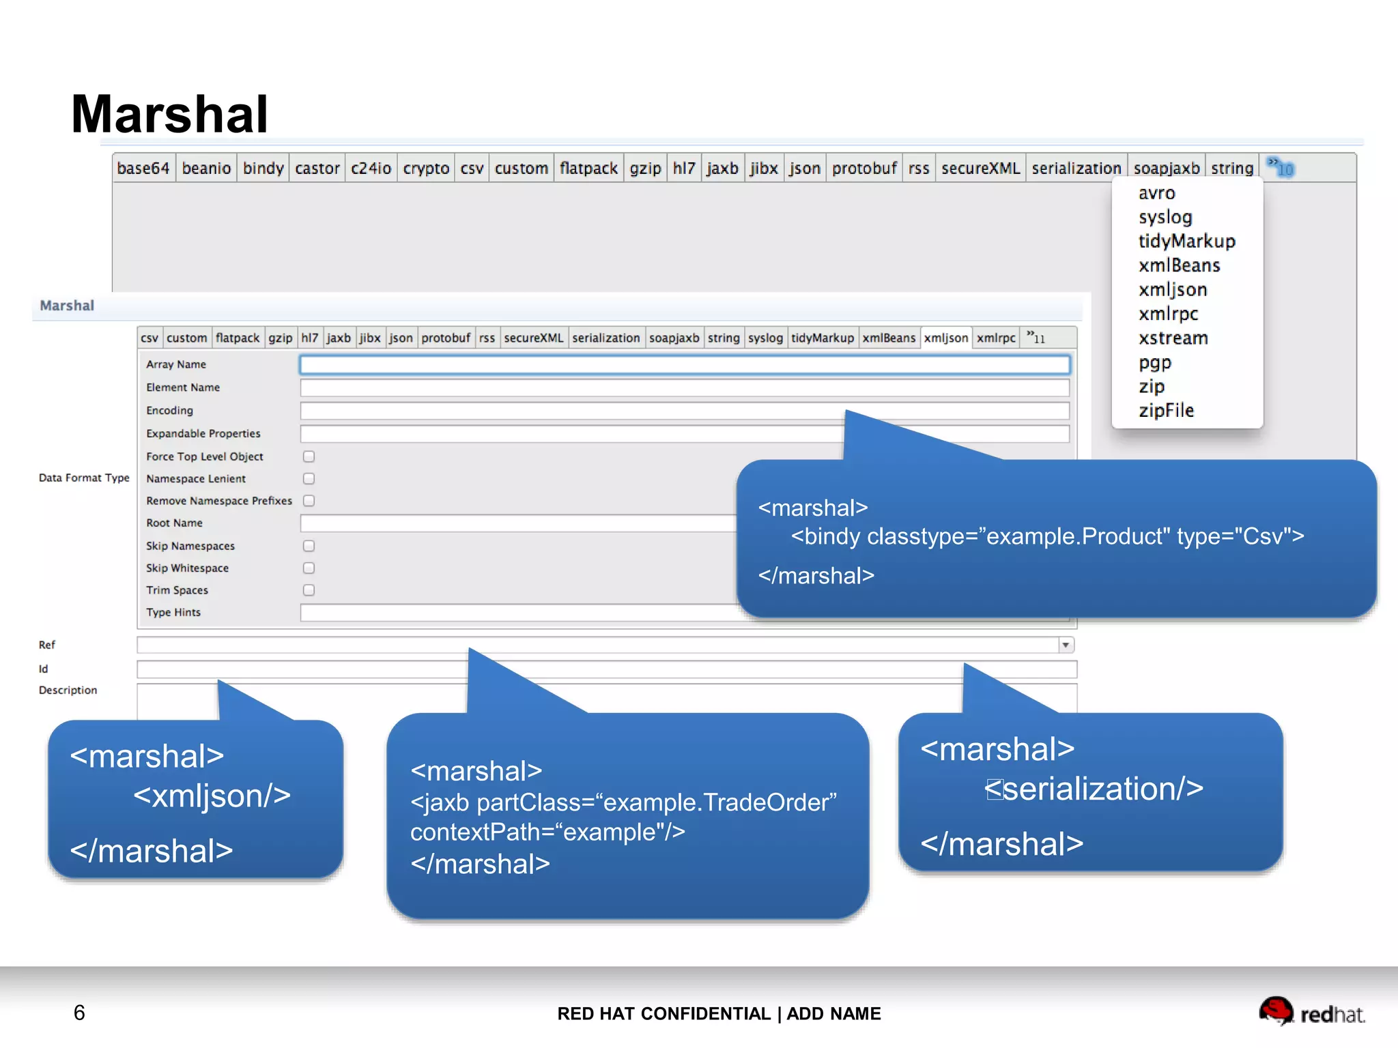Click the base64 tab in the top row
point(143,168)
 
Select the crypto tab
point(426,168)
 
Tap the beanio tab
point(206,168)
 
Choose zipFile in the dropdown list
point(1166,411)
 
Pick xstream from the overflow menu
point(1173,338)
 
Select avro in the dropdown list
point(1156,193)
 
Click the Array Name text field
point(684,365)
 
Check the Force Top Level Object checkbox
point(309,456)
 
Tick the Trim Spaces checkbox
point(309,590)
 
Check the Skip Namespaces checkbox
point(309,546)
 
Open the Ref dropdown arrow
point(1066,645)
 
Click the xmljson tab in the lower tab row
point(945,338)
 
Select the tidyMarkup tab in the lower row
point(822,338)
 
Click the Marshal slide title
point(169,113)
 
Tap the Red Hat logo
point(1311,1012)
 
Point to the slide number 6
point(79,1013)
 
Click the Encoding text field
point(684,411)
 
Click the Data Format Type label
point(84,478)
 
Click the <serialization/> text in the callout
point(1094,789)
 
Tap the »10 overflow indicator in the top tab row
point(1281,168)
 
